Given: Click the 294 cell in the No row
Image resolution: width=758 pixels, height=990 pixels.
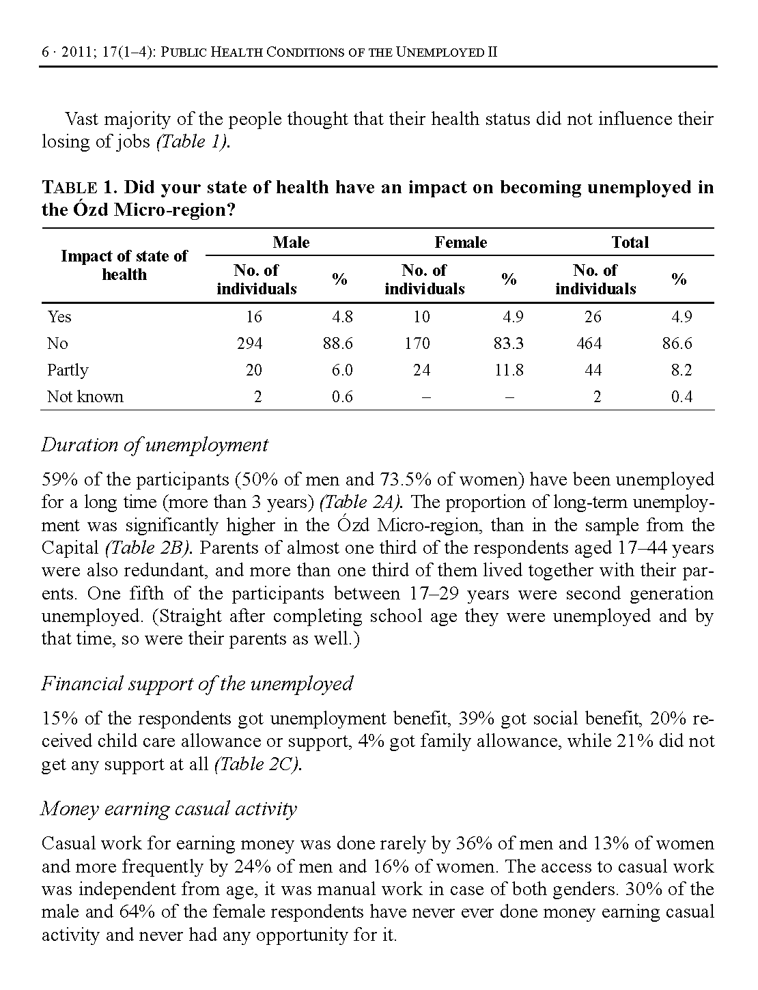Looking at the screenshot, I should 249,343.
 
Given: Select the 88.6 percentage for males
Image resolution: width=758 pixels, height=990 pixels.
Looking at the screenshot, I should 338,343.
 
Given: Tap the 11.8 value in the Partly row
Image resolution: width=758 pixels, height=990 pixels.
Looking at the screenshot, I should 509,370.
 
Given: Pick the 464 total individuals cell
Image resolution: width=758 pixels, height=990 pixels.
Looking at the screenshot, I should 589,343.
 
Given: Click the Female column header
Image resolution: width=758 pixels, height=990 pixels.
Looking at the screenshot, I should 461,242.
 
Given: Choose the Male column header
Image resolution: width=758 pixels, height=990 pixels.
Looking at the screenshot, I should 291,242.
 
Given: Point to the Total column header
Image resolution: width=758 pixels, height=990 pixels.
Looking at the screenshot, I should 630,242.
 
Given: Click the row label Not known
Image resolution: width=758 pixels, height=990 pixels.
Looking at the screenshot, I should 85,397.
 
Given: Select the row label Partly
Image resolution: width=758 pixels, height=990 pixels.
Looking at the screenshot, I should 68,370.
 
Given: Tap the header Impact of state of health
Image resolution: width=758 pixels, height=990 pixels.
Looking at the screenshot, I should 124,266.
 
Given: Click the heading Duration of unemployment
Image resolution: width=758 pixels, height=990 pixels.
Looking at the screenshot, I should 155,445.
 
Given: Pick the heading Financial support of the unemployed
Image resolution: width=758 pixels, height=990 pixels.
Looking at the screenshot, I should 197,683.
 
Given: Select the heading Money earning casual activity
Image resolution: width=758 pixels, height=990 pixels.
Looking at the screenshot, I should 169,809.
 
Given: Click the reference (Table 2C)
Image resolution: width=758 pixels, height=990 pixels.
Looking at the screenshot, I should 258,765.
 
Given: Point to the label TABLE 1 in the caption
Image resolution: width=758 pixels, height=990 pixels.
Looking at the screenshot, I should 79,188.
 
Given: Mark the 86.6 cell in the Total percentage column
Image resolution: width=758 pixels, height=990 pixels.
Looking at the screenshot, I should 677,343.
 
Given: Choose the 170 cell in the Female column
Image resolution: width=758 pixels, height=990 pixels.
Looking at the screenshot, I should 417,343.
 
